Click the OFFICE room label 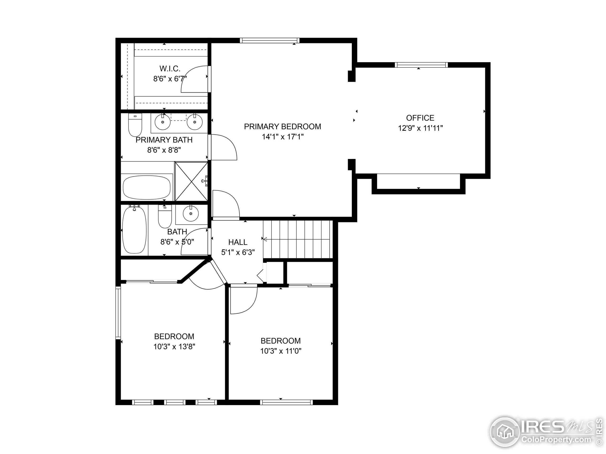click(x=420, y=118)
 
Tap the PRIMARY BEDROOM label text click(x=282, y=127)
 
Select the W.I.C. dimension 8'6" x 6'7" click(x=170, y=79)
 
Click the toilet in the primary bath click(x=135, y=125)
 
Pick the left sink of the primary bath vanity click(x=163, y=122)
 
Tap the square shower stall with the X click(x=191, y=182)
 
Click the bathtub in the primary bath click(x=147, y=188)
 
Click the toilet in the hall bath click(x=165, y=217)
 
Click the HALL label click(x=238, y=242)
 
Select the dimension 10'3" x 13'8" click(x=174, y=347)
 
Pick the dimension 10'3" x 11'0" click(x=281, y=351)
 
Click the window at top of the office click(x=421, y=65)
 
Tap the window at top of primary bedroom click(x=270, y=40)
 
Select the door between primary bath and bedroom click(x=223, y=147)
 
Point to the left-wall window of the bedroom click(x=118, y=313)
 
